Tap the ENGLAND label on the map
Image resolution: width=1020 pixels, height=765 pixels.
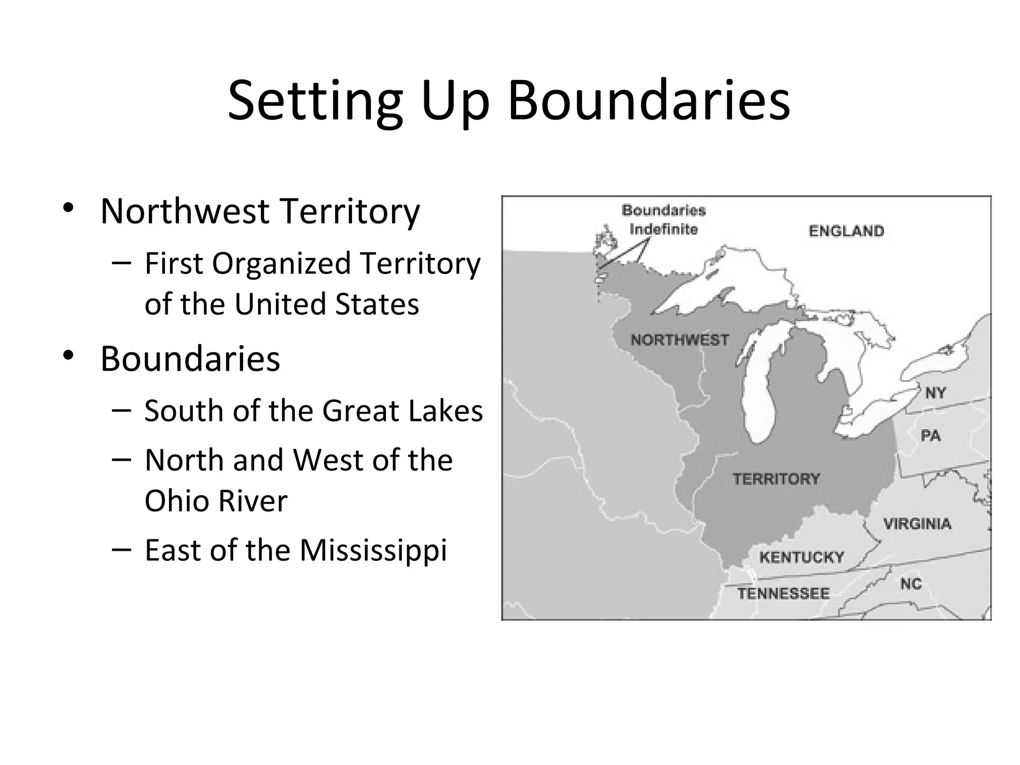[x=846, y=231]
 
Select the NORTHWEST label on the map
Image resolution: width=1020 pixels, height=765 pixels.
[x=679, y=340]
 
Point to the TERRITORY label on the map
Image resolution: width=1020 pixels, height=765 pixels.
[x=776, y=479]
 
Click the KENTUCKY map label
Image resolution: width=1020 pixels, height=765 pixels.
[x=801, y=557]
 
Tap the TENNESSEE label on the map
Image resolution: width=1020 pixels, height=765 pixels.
[x=783, y=594]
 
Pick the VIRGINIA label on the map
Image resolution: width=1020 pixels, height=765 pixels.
[x=917, y=524]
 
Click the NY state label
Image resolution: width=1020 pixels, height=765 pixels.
[x=935, y=393]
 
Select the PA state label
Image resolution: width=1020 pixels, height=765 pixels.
[x=930, y=436]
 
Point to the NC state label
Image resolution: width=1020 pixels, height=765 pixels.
[x=911, y=584]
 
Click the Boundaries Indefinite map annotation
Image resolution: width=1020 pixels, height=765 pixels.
[x=663, y=220]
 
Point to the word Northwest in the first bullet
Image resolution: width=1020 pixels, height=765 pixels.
[x=185, y=211]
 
